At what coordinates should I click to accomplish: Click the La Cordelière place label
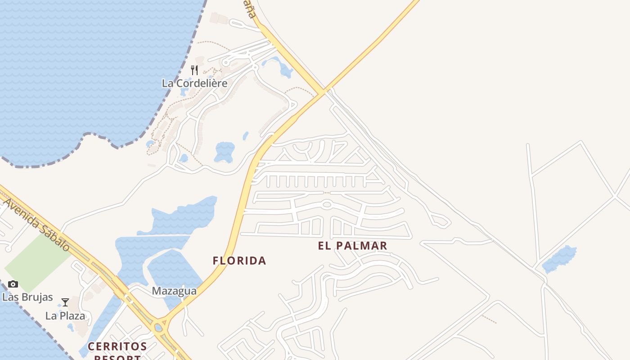[194, 83]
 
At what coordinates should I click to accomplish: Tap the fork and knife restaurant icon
[194, 70]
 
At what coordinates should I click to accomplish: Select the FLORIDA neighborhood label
[239, 261]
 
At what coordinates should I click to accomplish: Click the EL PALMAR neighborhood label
[352, 246]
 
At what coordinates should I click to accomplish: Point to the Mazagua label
[174, 291]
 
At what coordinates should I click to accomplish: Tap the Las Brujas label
[27, 297]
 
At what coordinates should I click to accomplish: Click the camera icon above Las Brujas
[13, 284]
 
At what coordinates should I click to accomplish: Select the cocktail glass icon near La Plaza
[65, 302]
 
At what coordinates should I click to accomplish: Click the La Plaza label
[65, 316]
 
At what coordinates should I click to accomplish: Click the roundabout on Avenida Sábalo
[158, 328]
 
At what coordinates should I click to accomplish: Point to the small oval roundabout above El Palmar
[327, 204]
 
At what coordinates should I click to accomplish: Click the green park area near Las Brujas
[36, 261]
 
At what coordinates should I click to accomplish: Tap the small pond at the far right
[560, 259]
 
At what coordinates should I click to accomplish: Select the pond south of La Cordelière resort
[225, 152]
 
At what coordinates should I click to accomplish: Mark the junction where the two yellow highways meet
[322, 92]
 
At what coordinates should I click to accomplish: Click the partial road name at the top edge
[249, 8]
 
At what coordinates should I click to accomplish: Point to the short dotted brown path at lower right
[489, 319]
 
